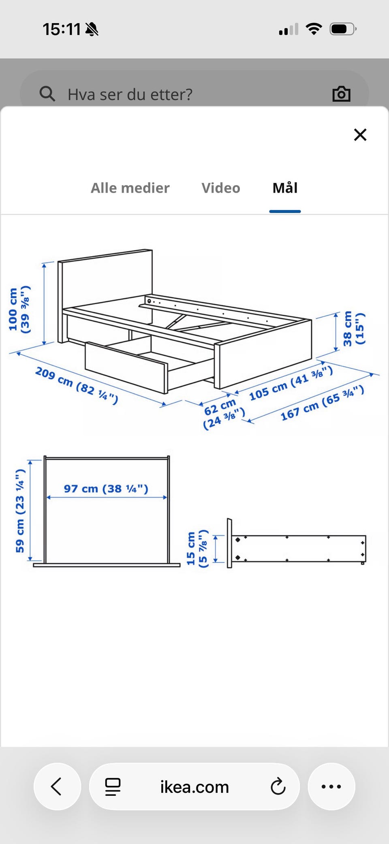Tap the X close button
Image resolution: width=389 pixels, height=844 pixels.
(360, 135)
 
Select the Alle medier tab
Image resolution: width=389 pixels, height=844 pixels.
(130, 188)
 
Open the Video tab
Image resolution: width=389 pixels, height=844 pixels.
(221, 188)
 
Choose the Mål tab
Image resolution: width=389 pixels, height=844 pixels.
(285, 188)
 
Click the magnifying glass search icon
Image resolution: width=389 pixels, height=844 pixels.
(47, 94)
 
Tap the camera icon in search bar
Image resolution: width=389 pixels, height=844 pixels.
(341, 94)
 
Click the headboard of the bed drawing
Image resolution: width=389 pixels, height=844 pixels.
(105, 284)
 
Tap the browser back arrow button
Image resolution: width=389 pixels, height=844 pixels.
(57, 786)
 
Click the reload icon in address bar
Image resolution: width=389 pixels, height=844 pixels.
(278, 786)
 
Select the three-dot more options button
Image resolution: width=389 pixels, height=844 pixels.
(331, 786)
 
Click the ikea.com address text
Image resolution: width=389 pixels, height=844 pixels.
(194, 787)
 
